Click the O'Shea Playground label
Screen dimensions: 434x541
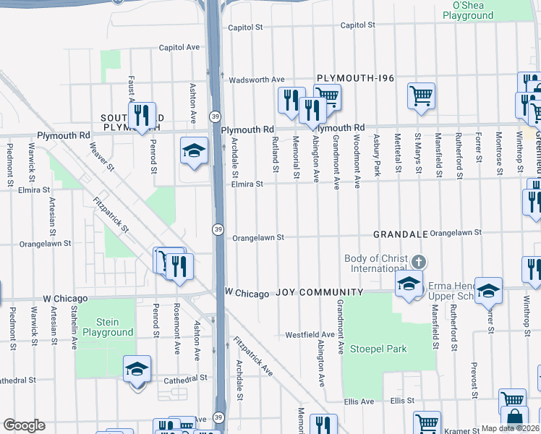(473, 10)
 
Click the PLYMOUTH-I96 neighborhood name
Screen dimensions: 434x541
(355, 77)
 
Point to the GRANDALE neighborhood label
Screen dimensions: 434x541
(397, 234)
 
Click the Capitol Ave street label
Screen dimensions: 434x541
(179, 47)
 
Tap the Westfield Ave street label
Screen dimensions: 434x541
(310, 335)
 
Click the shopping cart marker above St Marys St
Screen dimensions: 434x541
(421, 95)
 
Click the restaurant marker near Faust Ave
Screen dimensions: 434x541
(142, 114)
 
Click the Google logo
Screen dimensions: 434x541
(24, 425)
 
